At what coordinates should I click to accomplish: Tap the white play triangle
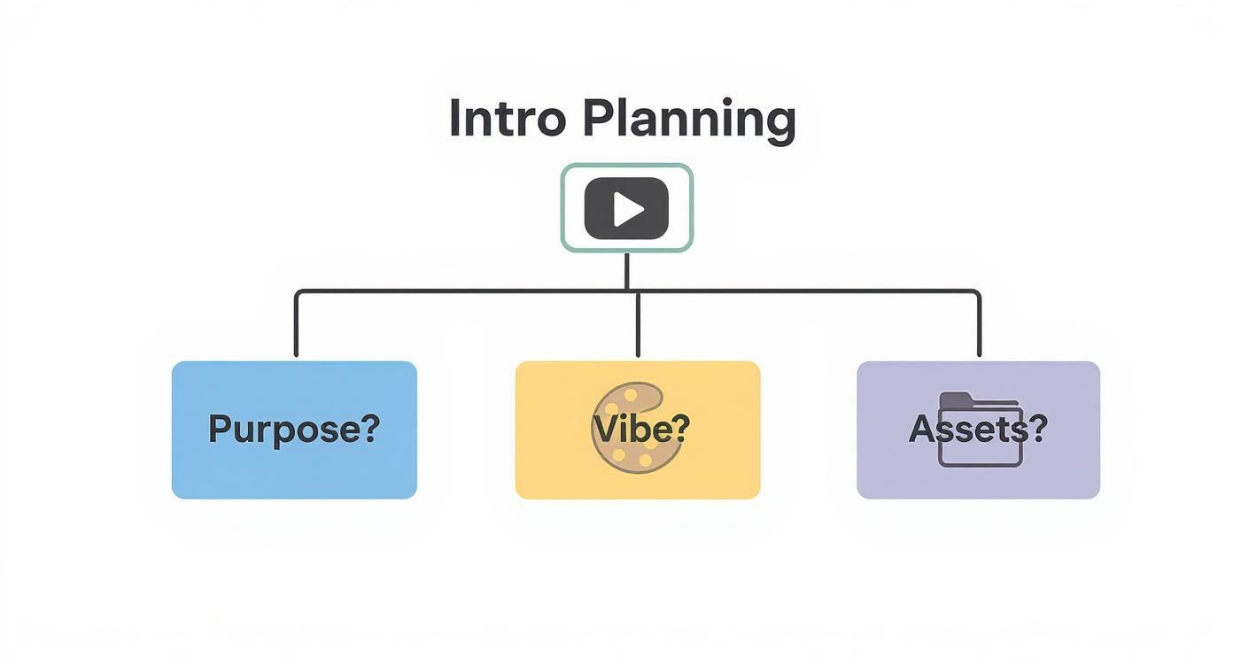[x=629, y=209]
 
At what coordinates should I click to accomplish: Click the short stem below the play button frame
[x=627, y=270]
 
